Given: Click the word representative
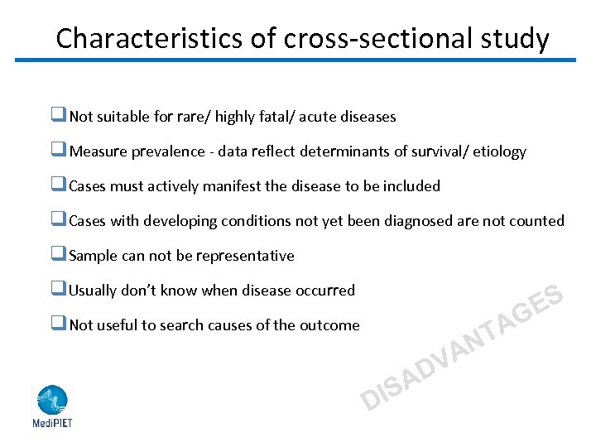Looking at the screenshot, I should [247, 256].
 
